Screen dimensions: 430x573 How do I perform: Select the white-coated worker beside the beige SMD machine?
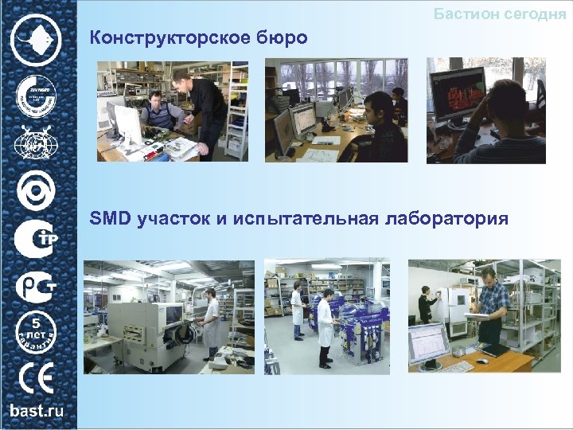212,322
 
